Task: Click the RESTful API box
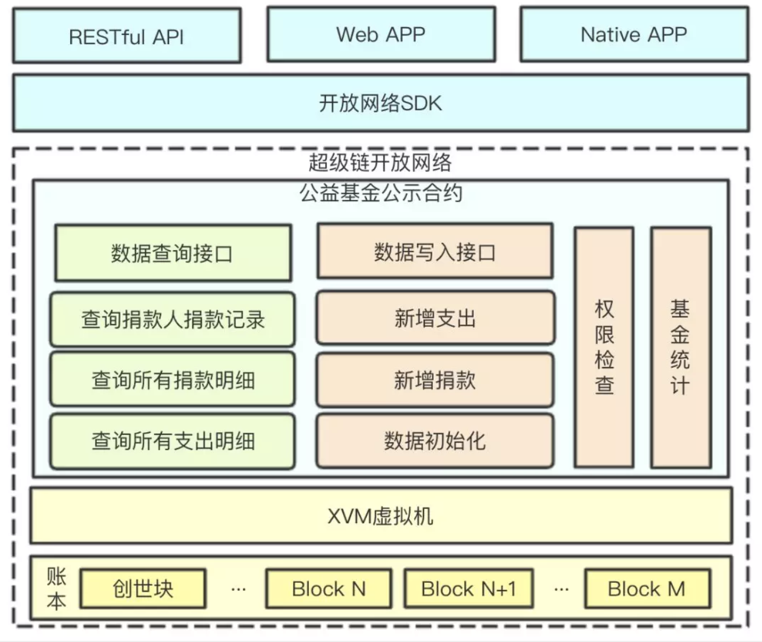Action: coord(126,37)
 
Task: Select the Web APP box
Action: coord(380,34)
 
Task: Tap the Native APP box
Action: coord(634,34)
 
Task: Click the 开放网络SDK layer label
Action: coord(380,103)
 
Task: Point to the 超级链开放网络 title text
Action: coord(380,162)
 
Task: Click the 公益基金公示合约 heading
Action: coord(380,193)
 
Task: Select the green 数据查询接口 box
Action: coord(172,253)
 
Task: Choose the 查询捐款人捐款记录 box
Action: coord(172,319)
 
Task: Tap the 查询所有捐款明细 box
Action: coord(172,380)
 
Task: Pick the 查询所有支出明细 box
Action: coord(172,441)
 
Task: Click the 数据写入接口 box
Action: coord(435,252)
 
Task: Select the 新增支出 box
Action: coord(435,318)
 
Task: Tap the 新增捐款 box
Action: coord(435,380)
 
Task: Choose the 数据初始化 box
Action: coord(435,440)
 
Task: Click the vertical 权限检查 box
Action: coord(604,347)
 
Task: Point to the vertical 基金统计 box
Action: coord(680,347)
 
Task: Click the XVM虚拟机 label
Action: coord(380,516)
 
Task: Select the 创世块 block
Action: coord(143,589)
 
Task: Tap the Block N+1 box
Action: coord(468,589)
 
